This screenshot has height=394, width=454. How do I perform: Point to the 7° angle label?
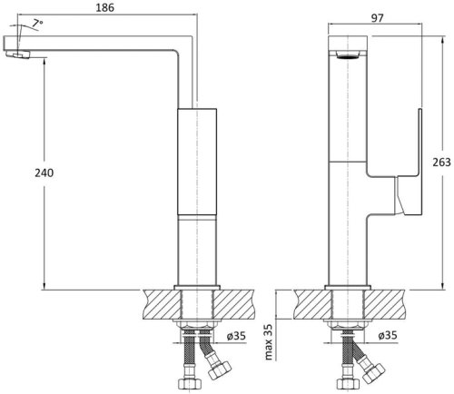(x=36, y=22)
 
